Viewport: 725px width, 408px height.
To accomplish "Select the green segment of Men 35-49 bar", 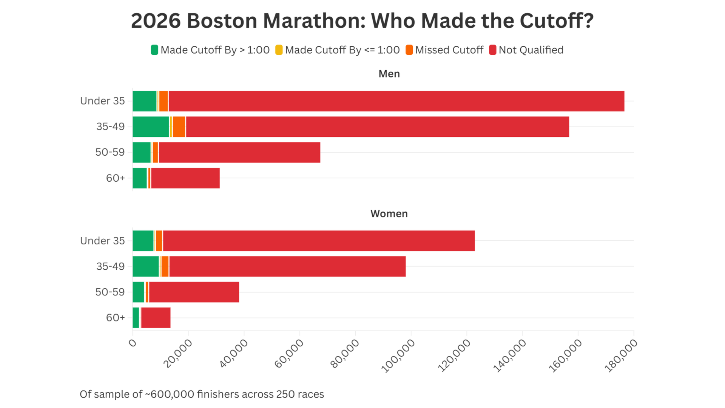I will [151, 127].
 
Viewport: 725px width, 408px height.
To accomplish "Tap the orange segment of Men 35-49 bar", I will [179, 127].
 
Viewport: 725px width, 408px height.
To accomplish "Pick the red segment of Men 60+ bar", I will [185, 178].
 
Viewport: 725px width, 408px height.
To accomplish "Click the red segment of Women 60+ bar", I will [156, 318].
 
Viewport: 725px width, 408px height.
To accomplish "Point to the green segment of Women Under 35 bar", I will [143, 241].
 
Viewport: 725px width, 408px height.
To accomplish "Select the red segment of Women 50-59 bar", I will [194, 292].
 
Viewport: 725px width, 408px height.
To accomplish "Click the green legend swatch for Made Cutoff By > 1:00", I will [154, 50].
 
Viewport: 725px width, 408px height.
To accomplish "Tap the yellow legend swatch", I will [279, 50].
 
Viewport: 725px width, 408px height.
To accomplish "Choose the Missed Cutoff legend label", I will [449, 50].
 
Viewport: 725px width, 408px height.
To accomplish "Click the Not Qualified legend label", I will [531, 50].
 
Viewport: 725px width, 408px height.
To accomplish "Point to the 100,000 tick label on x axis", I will [398, 356].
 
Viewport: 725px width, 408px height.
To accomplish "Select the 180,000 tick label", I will [621, 356].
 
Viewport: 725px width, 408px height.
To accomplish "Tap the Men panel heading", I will [389, 74].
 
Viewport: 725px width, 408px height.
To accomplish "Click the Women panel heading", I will [389, 213].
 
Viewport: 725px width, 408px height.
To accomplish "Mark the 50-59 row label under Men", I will [110, 152].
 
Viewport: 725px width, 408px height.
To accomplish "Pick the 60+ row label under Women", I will [115, 318].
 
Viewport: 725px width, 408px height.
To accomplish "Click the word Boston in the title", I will [222, 21].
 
